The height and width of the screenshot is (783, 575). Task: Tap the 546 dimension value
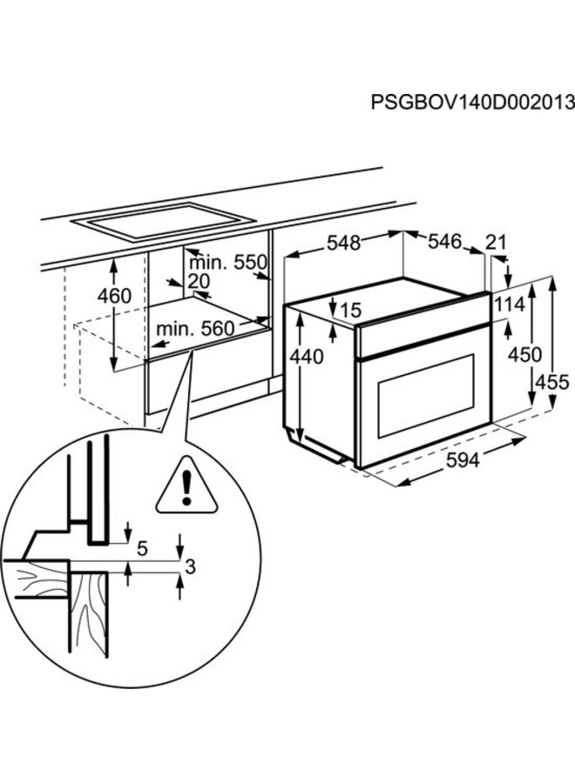pos(443,243)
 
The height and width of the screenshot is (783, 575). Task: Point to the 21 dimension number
pos(496,244)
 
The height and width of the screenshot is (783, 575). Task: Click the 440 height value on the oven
pos(307,356)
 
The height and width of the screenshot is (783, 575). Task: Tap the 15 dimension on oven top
pos(351,310)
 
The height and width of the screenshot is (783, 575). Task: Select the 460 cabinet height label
pos(114,296)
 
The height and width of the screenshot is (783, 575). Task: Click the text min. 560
pos(196,328)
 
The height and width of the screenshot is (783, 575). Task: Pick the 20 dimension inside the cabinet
pos(199,282)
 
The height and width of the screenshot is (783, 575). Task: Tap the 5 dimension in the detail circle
pos(143,548)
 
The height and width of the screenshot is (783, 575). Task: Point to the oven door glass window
pos(426,397)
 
